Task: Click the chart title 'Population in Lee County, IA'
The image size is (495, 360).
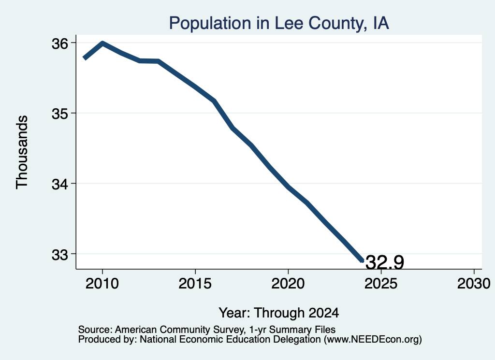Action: tap(279, 24)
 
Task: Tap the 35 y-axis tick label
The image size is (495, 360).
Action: tap(60, 114)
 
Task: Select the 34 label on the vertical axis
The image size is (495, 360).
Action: tap(60, 184)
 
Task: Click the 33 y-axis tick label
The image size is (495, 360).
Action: tap(60, 255)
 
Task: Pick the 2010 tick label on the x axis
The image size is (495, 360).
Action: tap(102, 283)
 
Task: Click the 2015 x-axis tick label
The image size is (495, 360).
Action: tap(195, 283)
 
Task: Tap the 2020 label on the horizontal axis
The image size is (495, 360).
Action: tap(288, 283)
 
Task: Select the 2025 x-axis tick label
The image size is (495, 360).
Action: tap(381, 283)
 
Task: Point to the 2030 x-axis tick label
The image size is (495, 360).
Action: tap(474, 283)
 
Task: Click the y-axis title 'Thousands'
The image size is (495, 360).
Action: tap(22, 152)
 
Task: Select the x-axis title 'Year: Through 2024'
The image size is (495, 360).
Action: tap(279, 313)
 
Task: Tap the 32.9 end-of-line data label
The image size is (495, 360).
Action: tap(384, 262)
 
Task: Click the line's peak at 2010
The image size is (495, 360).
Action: tap(102, 43)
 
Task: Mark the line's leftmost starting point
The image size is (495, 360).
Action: tap(84, 58)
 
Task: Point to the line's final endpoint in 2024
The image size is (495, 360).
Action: tap(363, 260)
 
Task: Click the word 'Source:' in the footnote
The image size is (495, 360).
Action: tap(95, 330)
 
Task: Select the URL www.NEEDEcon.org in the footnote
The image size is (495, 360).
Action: tap(373, 339)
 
